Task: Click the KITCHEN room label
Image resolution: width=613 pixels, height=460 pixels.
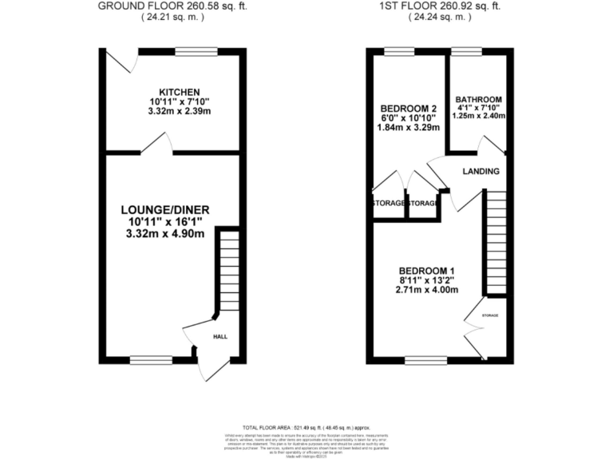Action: tap(179, 92)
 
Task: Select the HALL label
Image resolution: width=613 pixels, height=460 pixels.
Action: tap(219, 336)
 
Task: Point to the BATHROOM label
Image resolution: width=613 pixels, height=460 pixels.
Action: tap(479, 100)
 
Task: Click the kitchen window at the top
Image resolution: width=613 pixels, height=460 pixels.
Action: tap(196, 52)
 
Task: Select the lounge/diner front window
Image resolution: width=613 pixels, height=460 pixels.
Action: tap(151, 359)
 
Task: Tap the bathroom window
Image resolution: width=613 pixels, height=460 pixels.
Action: tap(466, 52)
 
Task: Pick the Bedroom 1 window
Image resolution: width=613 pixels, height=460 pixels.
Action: tap(426, 360)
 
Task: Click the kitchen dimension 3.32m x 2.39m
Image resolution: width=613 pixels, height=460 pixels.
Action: tap(179, 111)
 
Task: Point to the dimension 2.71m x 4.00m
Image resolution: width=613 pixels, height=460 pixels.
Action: tap(429, 291)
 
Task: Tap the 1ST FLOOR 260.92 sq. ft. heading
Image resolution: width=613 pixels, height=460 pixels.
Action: tap(441, 6)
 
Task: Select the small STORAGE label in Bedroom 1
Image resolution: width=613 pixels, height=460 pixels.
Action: tap(489, 315)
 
